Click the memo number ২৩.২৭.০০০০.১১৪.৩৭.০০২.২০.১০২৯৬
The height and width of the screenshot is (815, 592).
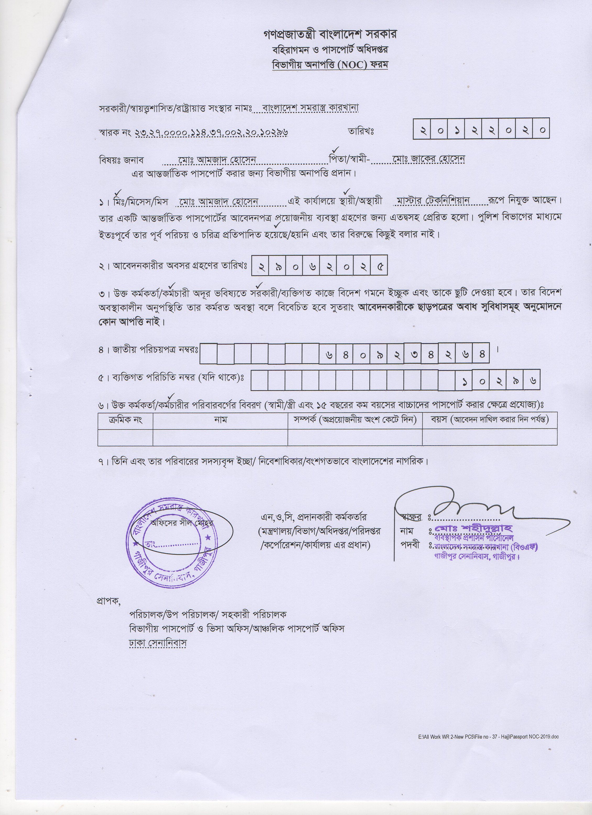pos(212,132)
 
